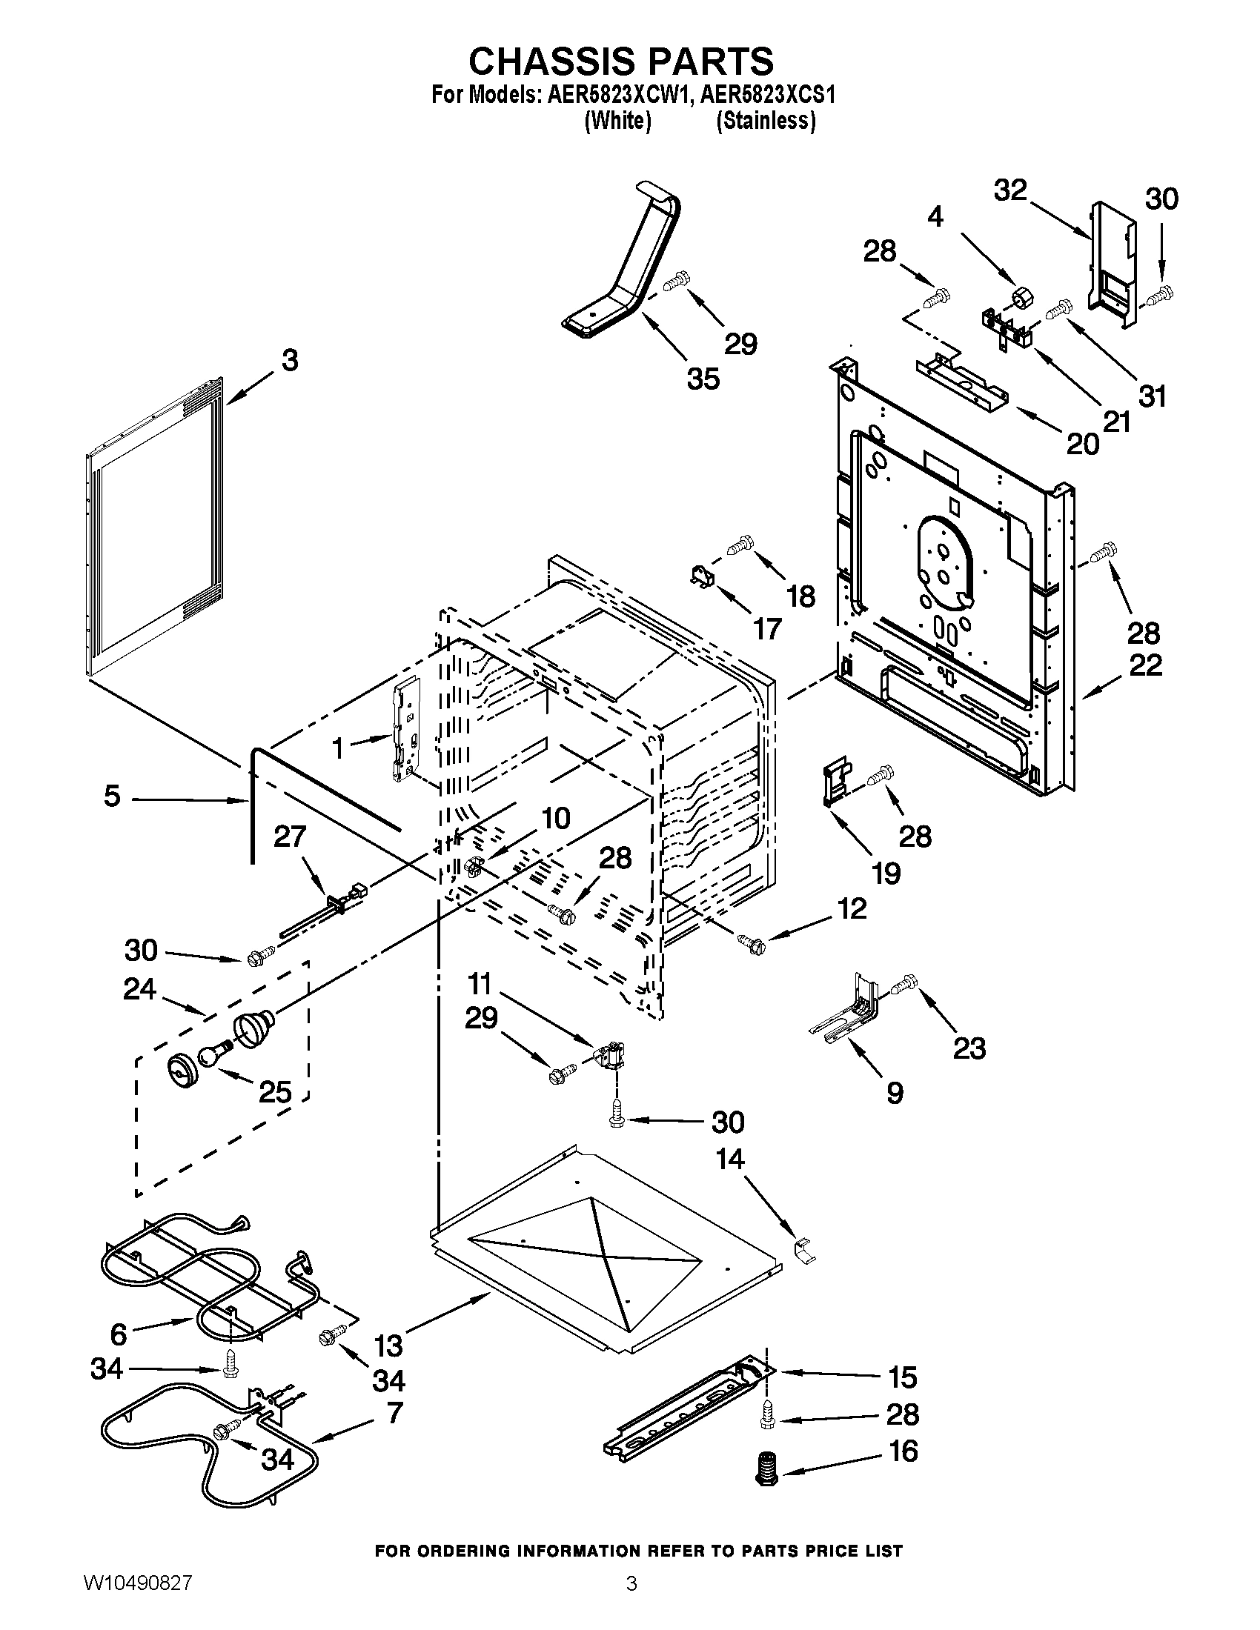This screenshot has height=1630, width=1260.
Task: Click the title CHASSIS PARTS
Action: (x=621, y=61)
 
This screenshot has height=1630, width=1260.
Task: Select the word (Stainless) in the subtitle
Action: (x=765, y=120)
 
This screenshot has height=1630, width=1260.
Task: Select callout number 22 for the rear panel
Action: (x=1145, y=665)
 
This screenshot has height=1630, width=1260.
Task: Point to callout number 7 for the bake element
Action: (x=394, y=1412)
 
